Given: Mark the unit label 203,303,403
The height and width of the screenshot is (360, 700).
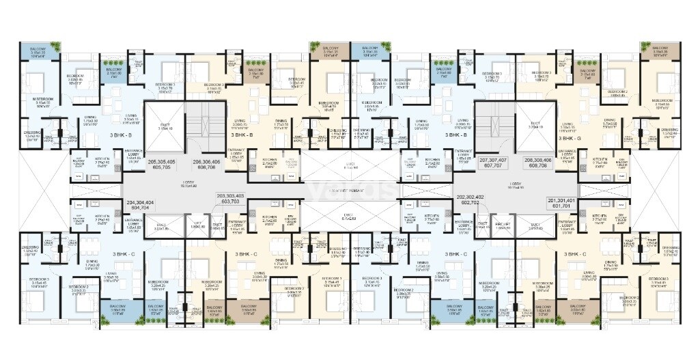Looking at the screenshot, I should (x=228, y=199).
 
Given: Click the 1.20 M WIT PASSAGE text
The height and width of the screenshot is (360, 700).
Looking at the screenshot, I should (x=349, y=191).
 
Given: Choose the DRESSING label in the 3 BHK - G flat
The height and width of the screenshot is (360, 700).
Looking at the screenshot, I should (x=670, y=130).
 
